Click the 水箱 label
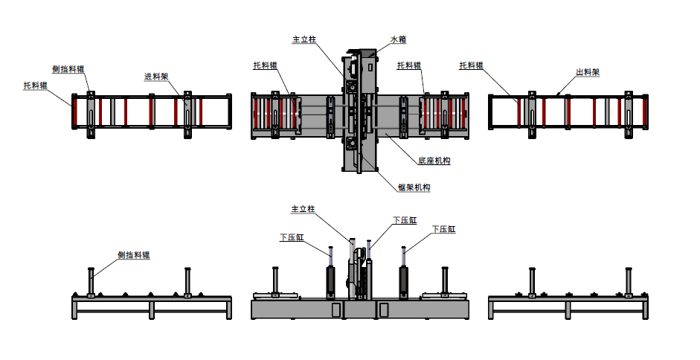click(398, 39)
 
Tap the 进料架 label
click(155, 77)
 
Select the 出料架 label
click(587, 73)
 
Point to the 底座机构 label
click(434, 160)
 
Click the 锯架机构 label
click(414, 187)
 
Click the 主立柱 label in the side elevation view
click(303, 210)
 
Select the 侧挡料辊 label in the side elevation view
click(133, 255)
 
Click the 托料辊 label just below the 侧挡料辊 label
click(35, 86)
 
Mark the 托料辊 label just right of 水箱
click(409, 65)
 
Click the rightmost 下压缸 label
click(443, 230)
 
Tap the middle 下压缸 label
click(404, 220)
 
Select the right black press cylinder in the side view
click(405, 281)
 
